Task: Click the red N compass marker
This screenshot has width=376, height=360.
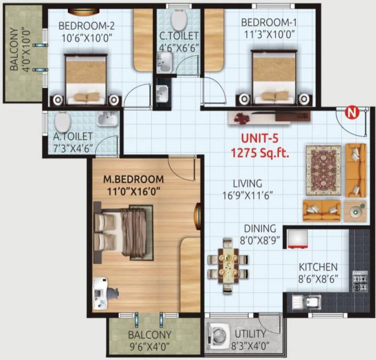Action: point(350,112)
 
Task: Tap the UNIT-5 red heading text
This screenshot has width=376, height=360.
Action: point(259,139)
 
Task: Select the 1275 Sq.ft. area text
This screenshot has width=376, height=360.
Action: point(259,152)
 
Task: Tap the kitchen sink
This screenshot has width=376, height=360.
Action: point(309,302)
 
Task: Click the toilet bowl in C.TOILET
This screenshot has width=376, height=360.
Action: point(179,20)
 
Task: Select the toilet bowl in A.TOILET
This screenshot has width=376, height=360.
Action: point(62,122)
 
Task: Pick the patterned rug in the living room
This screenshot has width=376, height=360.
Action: point(323,170)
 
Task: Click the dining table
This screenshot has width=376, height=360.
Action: point(227,266)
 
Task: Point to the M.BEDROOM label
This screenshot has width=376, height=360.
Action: point(134,180)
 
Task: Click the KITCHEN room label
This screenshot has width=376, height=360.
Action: point(318,267)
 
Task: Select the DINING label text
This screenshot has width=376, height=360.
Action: point(259,229)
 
